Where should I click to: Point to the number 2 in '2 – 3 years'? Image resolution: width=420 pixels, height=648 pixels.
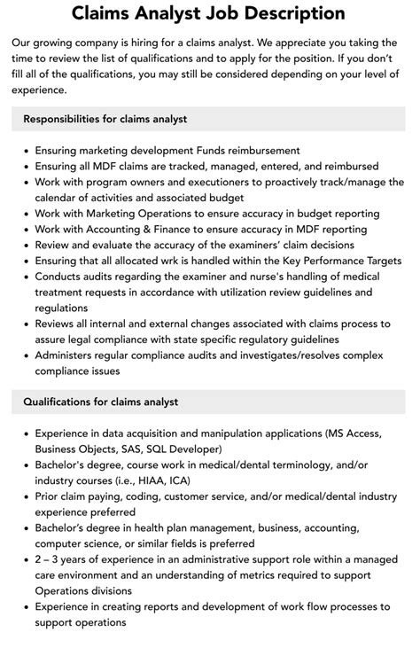pyautogui.click(x=39, y=559)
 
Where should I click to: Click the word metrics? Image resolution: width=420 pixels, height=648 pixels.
pyautogui.click(x=240, y=575)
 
